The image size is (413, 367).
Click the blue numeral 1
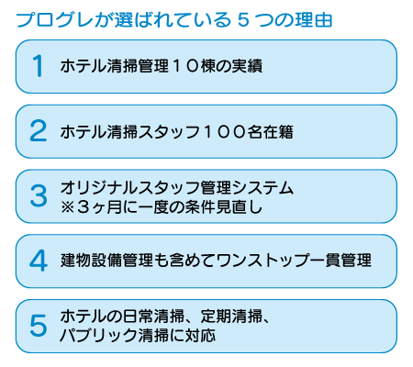click(38, 66)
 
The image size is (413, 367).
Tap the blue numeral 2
click(39, 131)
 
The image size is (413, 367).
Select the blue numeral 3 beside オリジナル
click(39, 195)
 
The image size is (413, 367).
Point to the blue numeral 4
click(39, 261)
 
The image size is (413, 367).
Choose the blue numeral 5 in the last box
click(39, 326)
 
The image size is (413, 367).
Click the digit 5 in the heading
click(243, 20)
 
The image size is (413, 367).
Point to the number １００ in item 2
click(225, 132)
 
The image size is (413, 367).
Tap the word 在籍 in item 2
click(278, 132)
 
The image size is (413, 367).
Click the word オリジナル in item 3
click(99, 187)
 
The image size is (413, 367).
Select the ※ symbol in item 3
click(68, 207)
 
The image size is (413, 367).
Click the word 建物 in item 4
click(76, 261)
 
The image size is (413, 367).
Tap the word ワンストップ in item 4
click(262, 261)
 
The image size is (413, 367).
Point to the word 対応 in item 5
click(200, 335)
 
